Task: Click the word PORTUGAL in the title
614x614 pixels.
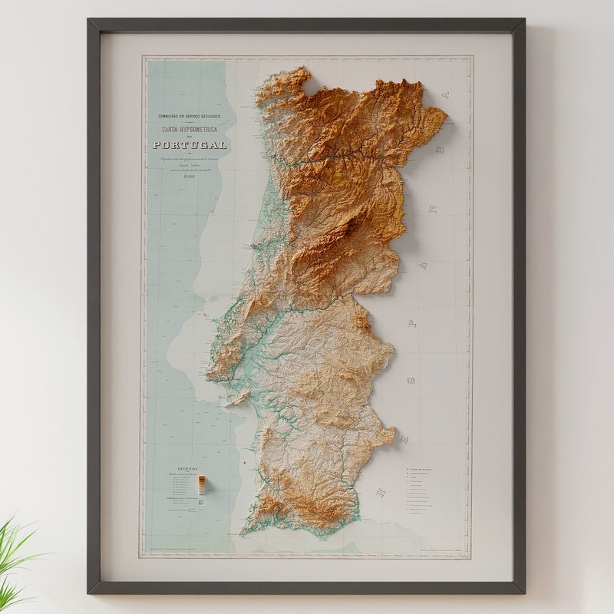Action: pyautogui.click(x=190, y=144)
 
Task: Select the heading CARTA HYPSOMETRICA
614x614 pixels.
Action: pyautogui.click(x=189, y=130)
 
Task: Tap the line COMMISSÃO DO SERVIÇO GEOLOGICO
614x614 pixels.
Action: pyautogui.click(x=189, y=117)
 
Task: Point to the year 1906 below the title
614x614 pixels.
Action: pyautogui.click(x=189, y=175)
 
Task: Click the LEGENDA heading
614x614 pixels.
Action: pyautogui.click(x=188, y=468)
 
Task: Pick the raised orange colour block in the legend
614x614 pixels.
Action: pyautogui.click(x=202, y=483)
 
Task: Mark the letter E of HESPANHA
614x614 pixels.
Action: pyautogui.click(x=404, y=439)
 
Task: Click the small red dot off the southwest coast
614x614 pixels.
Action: pyautogui.click(x=244, y=464)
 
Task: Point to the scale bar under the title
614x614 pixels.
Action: pyautogui.click(x=189, y=168)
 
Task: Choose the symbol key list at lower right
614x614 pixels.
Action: pyautogui.click(x=426, y=491)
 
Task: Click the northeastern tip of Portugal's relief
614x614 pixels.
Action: pyautogui.click(x=444, y=115)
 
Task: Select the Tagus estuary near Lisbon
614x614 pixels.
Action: pyautogui.click(x=244, y=361)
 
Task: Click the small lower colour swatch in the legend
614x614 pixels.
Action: pyautogui.click(x=202, y=501)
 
